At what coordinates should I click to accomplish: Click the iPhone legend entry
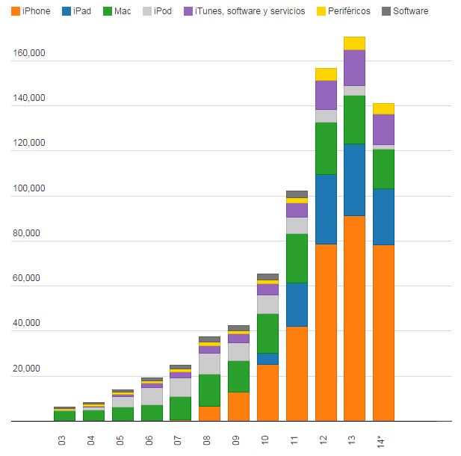point(31,12)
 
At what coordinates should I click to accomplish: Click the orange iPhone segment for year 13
point(355,318)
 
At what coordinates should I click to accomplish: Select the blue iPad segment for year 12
point(326,209)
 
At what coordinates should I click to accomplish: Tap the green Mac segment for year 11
point(297,258)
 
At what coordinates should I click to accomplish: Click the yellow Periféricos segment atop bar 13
point(355,43)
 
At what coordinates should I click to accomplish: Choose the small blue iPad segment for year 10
point(267,359)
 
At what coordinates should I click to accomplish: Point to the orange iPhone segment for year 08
point(209,413)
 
